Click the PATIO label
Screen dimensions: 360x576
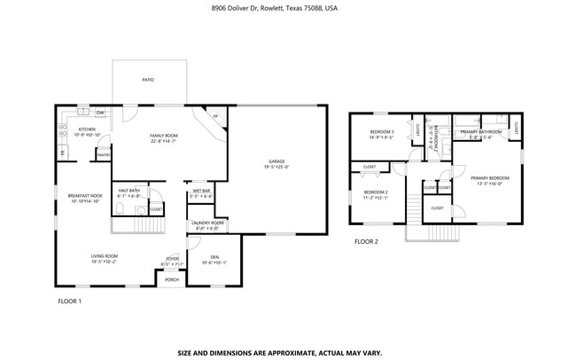point(148,80)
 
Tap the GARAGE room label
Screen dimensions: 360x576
point(265,160)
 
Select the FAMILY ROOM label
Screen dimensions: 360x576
point(163,135)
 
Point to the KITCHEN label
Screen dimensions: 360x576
point(87,129)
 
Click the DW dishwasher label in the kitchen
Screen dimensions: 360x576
point(100,113)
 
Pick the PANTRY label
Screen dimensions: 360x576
point(103,155)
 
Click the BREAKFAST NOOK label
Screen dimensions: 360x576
point(85,195)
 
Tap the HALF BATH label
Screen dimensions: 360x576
point(128,191)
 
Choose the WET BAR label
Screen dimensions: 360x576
point(200,191)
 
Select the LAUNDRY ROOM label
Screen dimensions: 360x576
point(207,223)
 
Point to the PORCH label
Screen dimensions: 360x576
point(172,279)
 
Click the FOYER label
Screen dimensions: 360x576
point(171,259)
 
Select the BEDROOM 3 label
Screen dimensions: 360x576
point(382,132)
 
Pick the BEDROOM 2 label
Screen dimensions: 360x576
point(376,192)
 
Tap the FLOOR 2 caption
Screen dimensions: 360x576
point(366,241)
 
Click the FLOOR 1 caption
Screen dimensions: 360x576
point(69,301)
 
